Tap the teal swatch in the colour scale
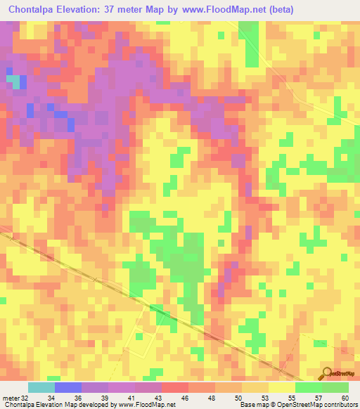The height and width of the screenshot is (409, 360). tap(41, 387)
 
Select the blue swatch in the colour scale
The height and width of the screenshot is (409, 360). tap(68, 387)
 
